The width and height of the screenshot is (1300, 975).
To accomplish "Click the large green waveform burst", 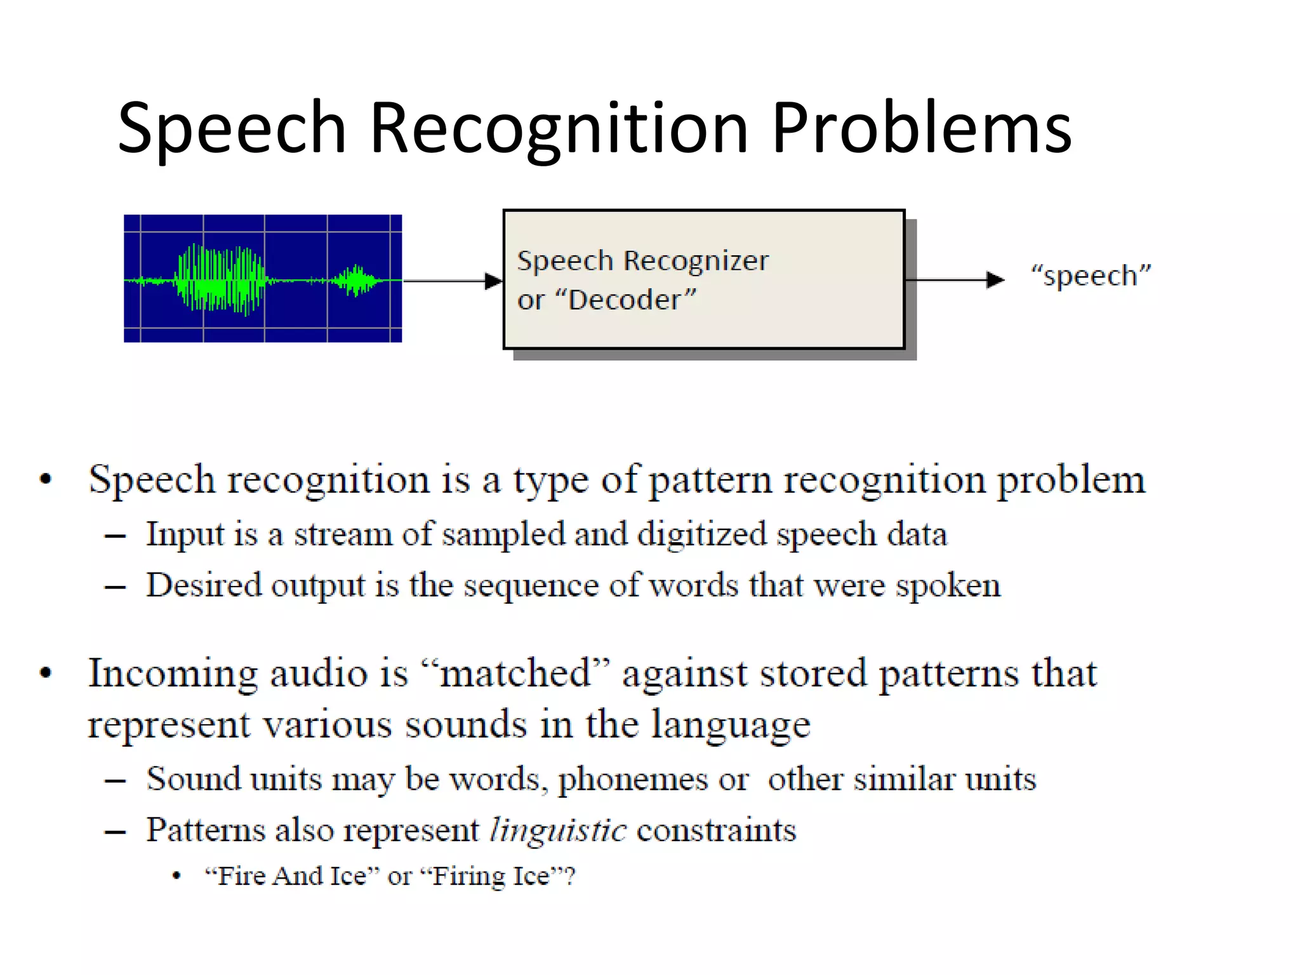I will click(220, 280).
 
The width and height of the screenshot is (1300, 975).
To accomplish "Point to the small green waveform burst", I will click(355, 280).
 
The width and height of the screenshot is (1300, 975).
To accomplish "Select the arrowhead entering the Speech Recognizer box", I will click(493, 281).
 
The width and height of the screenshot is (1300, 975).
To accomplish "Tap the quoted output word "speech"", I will click(1091, 275).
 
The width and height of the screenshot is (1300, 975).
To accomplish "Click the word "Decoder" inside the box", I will click(625, 300).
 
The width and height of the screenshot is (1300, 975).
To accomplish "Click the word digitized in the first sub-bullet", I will click(702, 534).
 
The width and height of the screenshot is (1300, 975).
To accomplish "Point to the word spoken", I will click(948, 586).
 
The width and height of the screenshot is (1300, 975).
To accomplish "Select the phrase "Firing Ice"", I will click(493, 877).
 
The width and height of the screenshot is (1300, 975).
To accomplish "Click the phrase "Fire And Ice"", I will click(292, 877).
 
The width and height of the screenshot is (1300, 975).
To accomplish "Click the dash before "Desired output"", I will click(115, 587).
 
